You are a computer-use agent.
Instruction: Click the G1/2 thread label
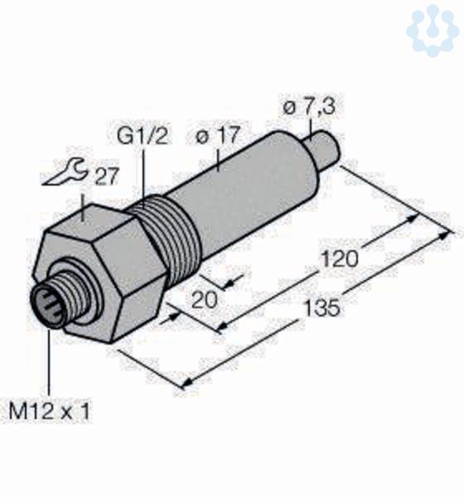pos(142,136)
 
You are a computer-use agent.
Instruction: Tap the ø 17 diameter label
pos(217,135)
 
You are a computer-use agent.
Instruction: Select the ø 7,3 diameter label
pos(309,107)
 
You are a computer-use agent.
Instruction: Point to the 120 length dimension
pos(340,258)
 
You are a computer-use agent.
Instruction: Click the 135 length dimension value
pos(322,307)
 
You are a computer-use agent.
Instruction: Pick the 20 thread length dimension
pos(205,300)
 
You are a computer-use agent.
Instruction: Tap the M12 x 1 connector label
pos(50,411)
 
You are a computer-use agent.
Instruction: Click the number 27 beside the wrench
pos(107,176)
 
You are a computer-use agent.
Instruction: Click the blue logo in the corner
pos(433,31)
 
